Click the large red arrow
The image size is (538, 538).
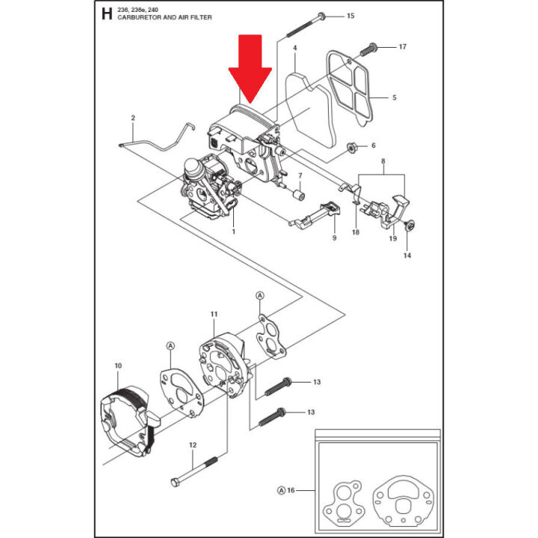pos(250,69)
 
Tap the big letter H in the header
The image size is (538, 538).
pos(107,13)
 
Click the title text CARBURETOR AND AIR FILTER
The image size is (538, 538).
pos(164,17)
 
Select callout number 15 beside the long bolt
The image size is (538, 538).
pos(350,16)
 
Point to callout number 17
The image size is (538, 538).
pos(403,46)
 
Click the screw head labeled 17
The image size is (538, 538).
pos(373,46)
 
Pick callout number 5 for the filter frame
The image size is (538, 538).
pos(395,97)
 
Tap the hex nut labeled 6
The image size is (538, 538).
pos(351,148)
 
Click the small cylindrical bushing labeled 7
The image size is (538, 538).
pos(298,196)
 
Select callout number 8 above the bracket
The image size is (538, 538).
pos(383,161)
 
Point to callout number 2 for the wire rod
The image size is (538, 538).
pos(133,118)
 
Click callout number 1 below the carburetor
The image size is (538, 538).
pos(234,232)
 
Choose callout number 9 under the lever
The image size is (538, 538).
pos(335,238)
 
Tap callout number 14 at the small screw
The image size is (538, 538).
pos(407,256)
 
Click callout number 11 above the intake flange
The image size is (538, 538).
pos(214,314)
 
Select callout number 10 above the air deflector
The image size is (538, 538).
pos(118,365)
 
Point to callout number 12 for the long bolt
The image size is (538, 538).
pos(193,445)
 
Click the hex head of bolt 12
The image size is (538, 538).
pos(175,483)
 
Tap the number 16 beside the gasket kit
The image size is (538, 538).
pos(291,490)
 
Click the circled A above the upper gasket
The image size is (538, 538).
pos(260,295)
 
